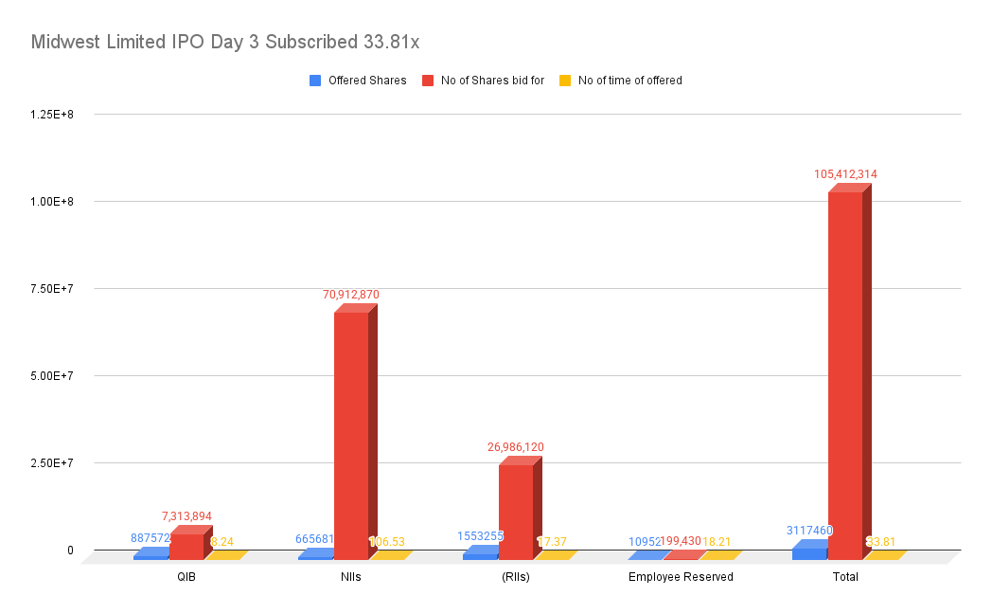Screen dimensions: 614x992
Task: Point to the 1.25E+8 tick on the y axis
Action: (52, 114)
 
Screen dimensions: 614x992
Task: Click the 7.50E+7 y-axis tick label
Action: (52, 288)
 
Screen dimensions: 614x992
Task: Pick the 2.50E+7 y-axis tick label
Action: (52, 462)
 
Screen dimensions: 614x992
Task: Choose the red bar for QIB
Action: (186, 546)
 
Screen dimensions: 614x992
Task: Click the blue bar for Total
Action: (809, 552)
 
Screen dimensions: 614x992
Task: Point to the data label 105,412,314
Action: (852, 174)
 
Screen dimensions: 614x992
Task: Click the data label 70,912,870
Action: (350, 295)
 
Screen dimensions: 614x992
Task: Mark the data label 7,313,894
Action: (186, 516)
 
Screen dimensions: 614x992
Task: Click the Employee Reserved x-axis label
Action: (681, 577)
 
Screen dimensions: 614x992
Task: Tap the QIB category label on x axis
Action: (186, 577)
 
